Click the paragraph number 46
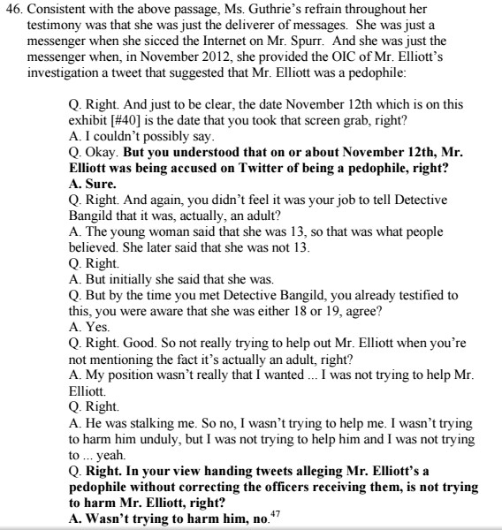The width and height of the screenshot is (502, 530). tap(12, 11)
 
